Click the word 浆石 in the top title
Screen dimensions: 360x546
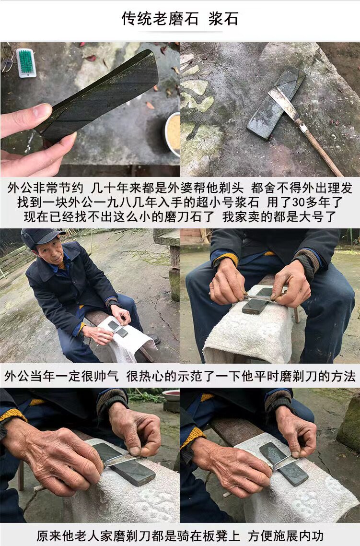click(x=223, y=18)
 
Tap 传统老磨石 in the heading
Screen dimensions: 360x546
click(x=160, y=18)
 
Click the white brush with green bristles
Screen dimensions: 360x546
click(x=26, y=63)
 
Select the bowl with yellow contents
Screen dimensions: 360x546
click(x=173, y=134)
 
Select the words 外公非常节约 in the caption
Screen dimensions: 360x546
click(x=45, y=188)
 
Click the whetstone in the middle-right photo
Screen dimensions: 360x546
click(x=257, y=301)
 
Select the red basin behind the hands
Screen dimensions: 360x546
click(x=171, y=395)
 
